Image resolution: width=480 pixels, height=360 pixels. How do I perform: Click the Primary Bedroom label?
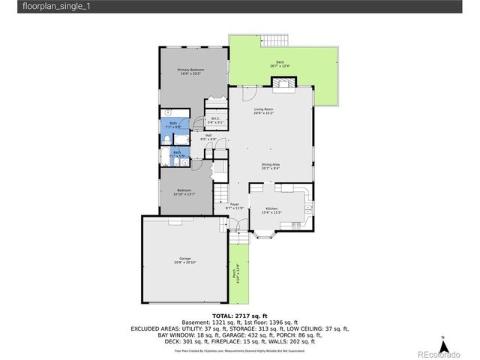(x=191, y=71)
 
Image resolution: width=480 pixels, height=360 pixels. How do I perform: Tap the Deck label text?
(x=280, y=63)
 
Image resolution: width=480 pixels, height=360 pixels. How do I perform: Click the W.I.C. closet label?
(x=214, y=119)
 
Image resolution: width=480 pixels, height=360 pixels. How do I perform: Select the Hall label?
(x=208, y=136)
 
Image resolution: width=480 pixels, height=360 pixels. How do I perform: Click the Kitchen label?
(x=270, y=210)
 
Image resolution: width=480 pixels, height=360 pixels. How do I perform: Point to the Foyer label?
(x=234, y=205)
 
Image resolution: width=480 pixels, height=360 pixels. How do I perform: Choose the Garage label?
(x=184, y=259)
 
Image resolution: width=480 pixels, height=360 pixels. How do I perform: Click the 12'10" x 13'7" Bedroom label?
(x=184, y=191)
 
